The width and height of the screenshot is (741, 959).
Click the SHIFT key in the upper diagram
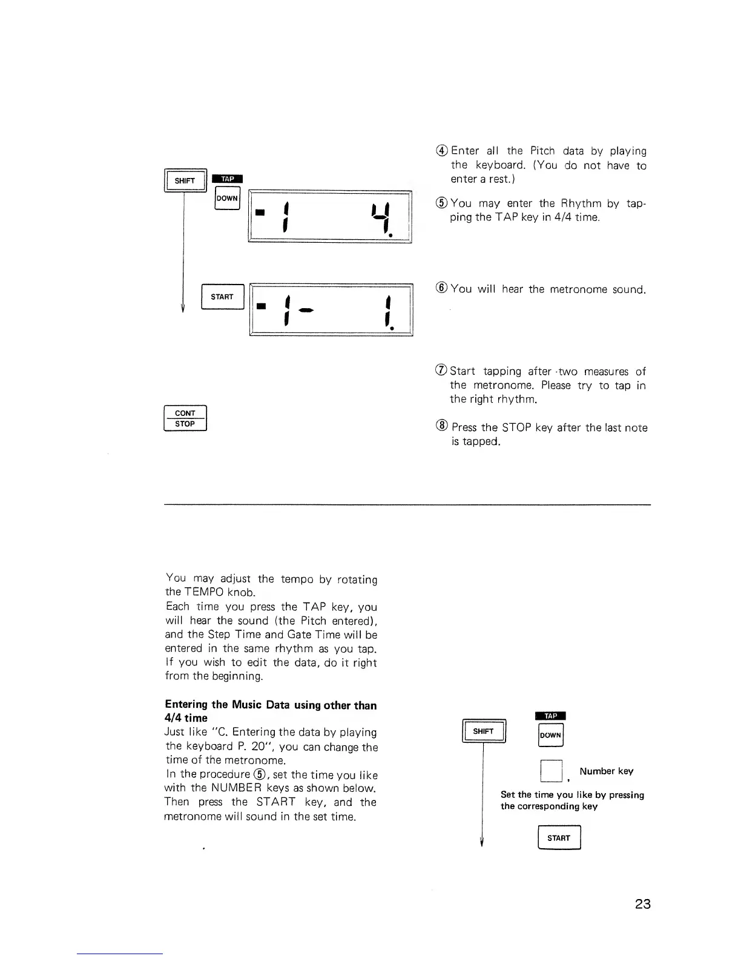(x=185, y=181)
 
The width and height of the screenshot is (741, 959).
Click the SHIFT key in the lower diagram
(x=483, y=731)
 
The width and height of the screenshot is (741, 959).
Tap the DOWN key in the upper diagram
(x=228, y=198)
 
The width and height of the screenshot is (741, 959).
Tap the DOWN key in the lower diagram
(x=551, y=735)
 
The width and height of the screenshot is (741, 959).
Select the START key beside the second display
(x=222, y=297)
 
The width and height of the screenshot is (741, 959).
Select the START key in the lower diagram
(x=559, y=838)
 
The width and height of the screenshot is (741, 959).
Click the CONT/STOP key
(x=185, y=418)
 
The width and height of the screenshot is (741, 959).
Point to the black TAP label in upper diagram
(x=228, y=179)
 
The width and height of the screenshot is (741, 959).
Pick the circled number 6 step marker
(x=442, y=289)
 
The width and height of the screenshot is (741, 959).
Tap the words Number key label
(x=606, y=771)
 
